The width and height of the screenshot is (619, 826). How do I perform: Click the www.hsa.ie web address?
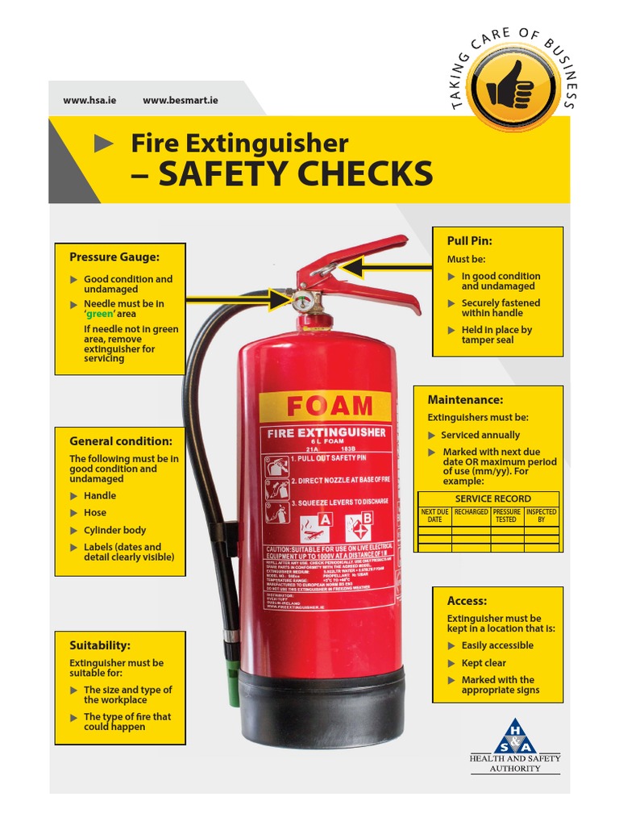click(89, 100)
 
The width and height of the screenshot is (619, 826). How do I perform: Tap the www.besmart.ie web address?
click(180, 100)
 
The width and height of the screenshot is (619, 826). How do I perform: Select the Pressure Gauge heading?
click(114, 257)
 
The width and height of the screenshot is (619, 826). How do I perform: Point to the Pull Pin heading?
click(469, 240)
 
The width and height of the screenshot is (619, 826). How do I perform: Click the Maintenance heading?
click(465, 399)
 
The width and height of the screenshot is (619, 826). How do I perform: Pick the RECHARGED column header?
click(471, 512)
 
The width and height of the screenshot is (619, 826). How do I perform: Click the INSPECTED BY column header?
click(541, 516)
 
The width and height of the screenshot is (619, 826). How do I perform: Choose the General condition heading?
click(121, 441)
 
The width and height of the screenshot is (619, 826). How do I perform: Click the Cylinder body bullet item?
click(114, 530)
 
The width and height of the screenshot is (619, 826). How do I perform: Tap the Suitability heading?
click(100, 645)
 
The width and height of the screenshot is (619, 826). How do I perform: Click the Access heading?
click(467, 601)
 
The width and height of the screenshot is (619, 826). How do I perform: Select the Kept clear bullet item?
click(484, 663)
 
